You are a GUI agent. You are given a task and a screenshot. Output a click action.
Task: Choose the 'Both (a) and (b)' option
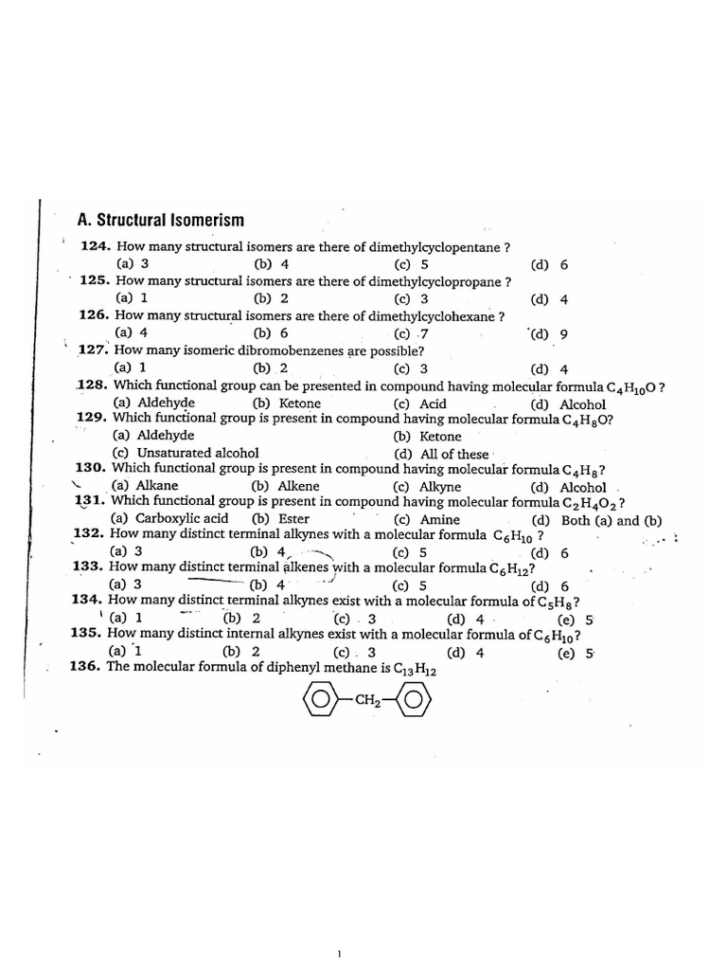[x=612, y=520]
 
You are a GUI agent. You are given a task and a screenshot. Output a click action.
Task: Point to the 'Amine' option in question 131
[x=440, y=519]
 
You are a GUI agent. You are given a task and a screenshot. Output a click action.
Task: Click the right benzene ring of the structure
[x=413, y=702]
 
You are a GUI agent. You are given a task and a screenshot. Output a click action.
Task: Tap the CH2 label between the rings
[x=366, y=702]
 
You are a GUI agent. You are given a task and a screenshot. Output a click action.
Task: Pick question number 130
[x=92, y=468]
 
